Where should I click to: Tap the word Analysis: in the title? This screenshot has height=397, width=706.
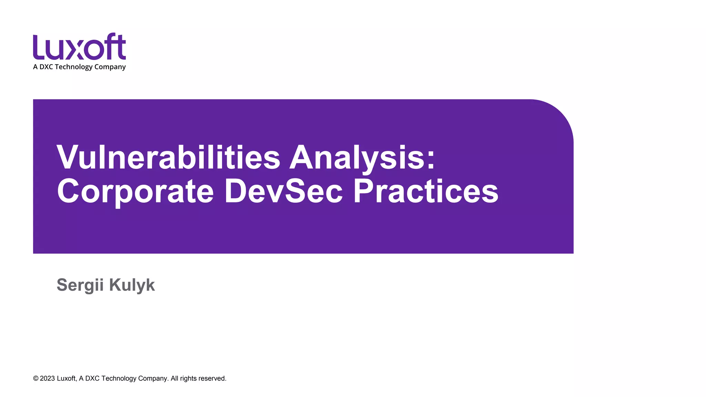coord(362,158)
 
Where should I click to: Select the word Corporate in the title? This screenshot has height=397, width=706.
coord(135,192)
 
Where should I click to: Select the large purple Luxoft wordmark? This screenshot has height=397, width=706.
coord(79,47)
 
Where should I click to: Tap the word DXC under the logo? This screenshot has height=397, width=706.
coord(46,67)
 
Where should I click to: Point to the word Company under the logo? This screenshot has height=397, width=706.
coord(110,67)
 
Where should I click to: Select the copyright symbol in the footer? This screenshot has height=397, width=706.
coord(36,378)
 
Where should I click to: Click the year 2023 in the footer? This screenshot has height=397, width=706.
coord(48,378)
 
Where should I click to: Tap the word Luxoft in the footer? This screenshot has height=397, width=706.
coord(66,378)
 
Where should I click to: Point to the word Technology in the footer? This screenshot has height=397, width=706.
coord(119,378)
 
